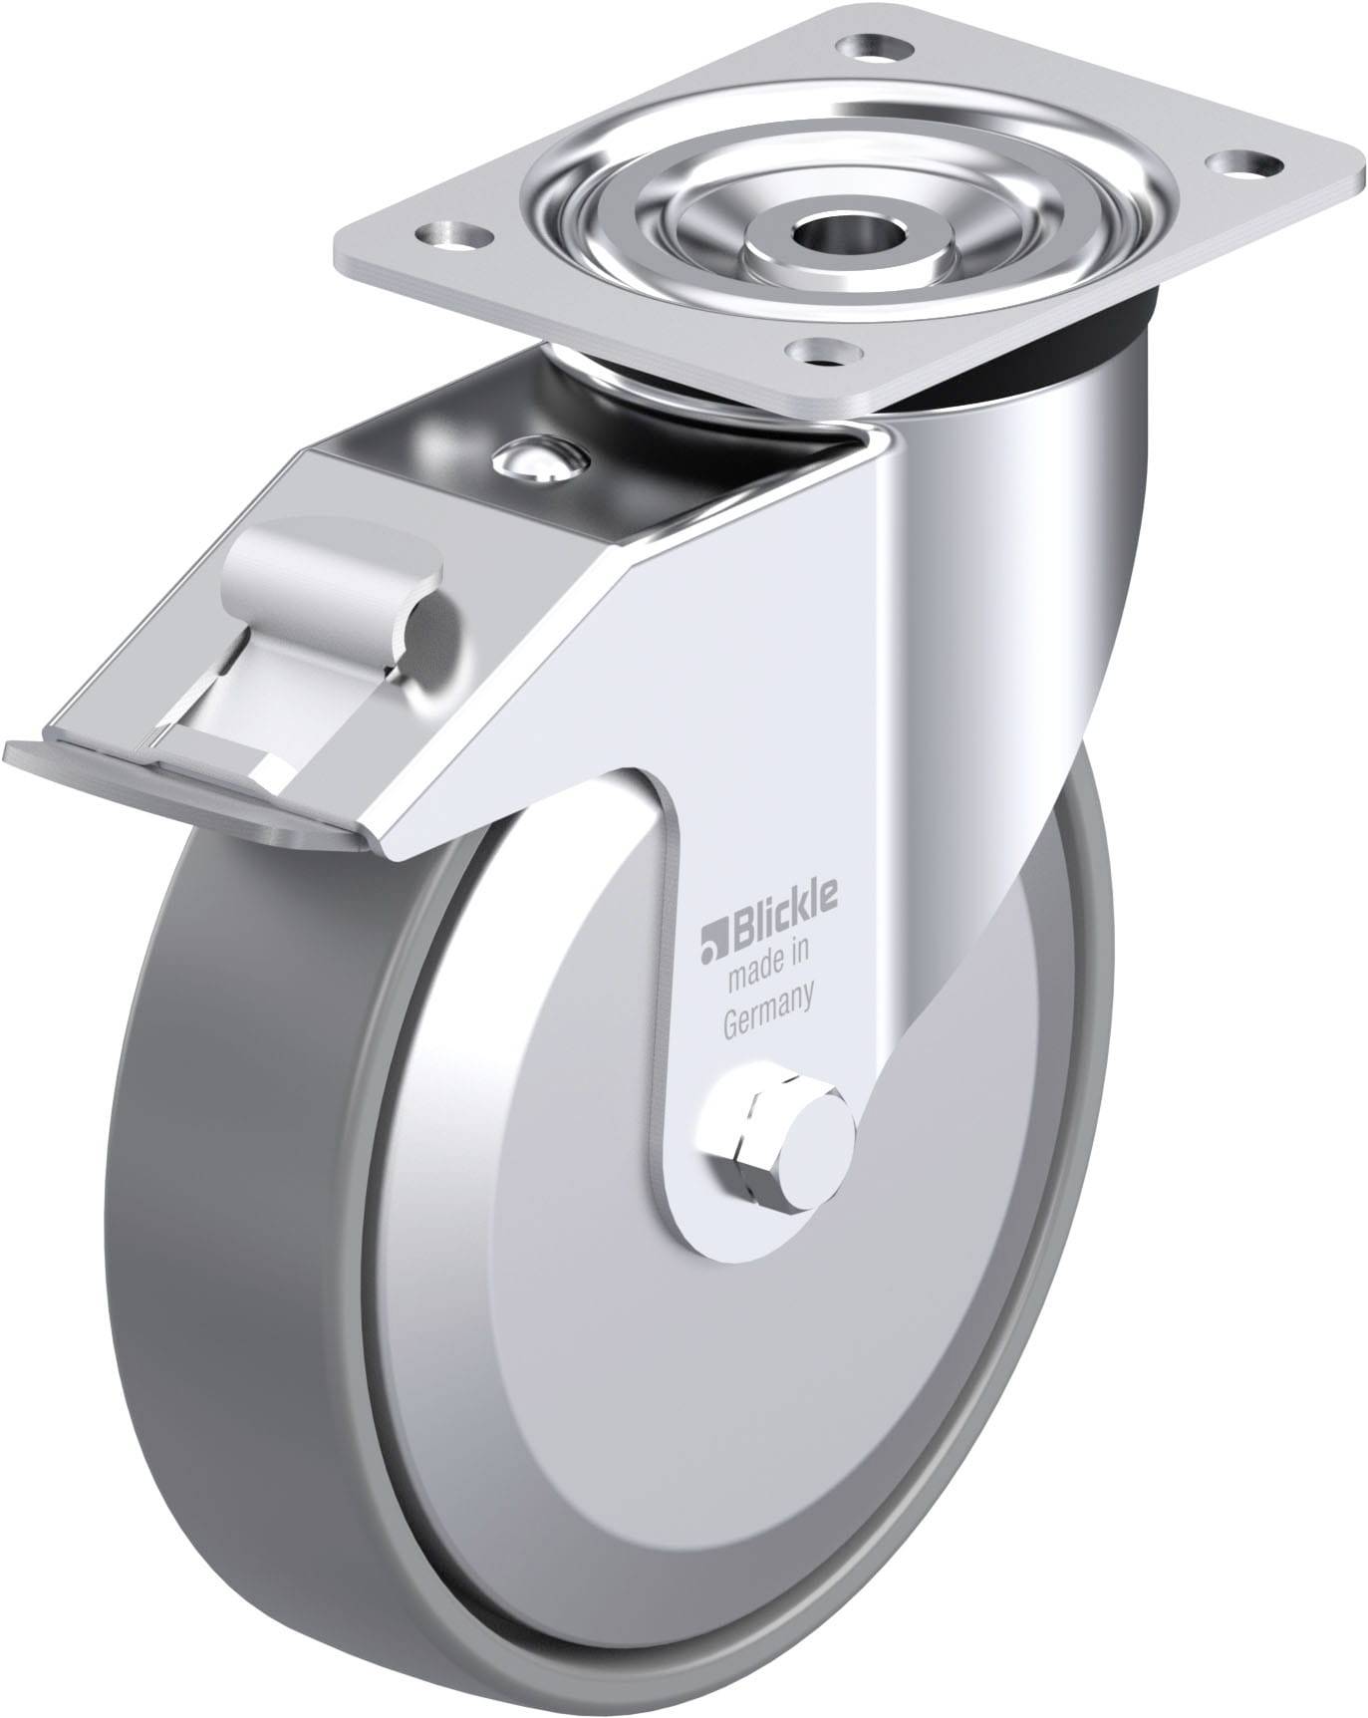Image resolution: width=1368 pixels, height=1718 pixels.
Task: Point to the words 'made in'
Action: click(768, 978)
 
